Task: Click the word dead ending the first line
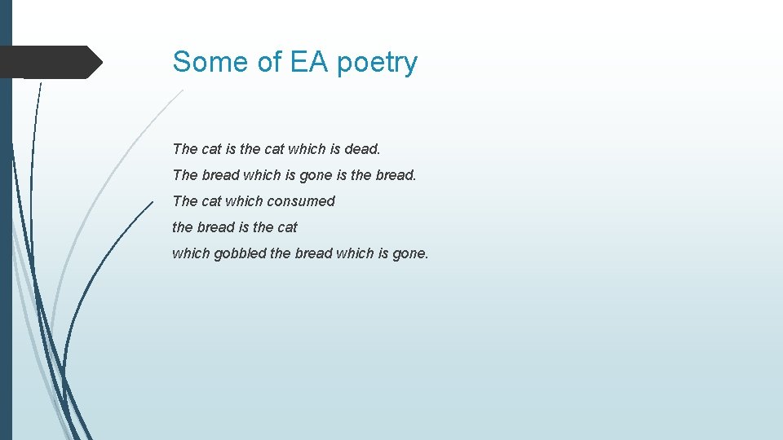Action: (362, 149)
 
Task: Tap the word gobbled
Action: (239, 253)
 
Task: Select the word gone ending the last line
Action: (409, 253)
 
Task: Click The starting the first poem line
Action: (184, 149)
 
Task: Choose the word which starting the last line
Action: (191, 253)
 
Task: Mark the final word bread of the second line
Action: (396, 175)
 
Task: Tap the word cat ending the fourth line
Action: (287, 227)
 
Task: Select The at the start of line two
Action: (184, 175)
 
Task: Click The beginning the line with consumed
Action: (184, 201)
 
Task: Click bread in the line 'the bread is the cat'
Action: (215, 227)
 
